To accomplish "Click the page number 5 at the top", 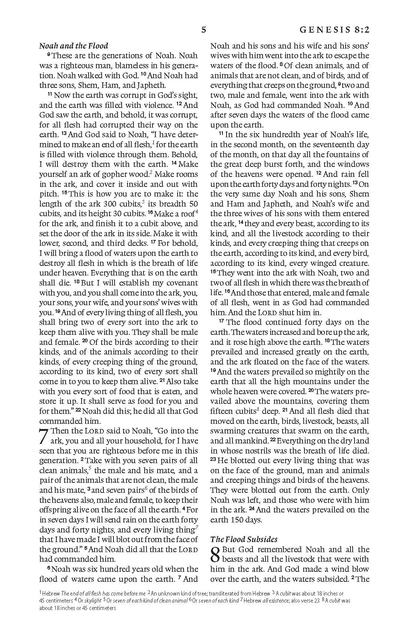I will coord(204,30).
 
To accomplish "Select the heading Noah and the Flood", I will coord(73,46).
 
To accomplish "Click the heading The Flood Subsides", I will coord(244,539).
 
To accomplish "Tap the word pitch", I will coord(48,194).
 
